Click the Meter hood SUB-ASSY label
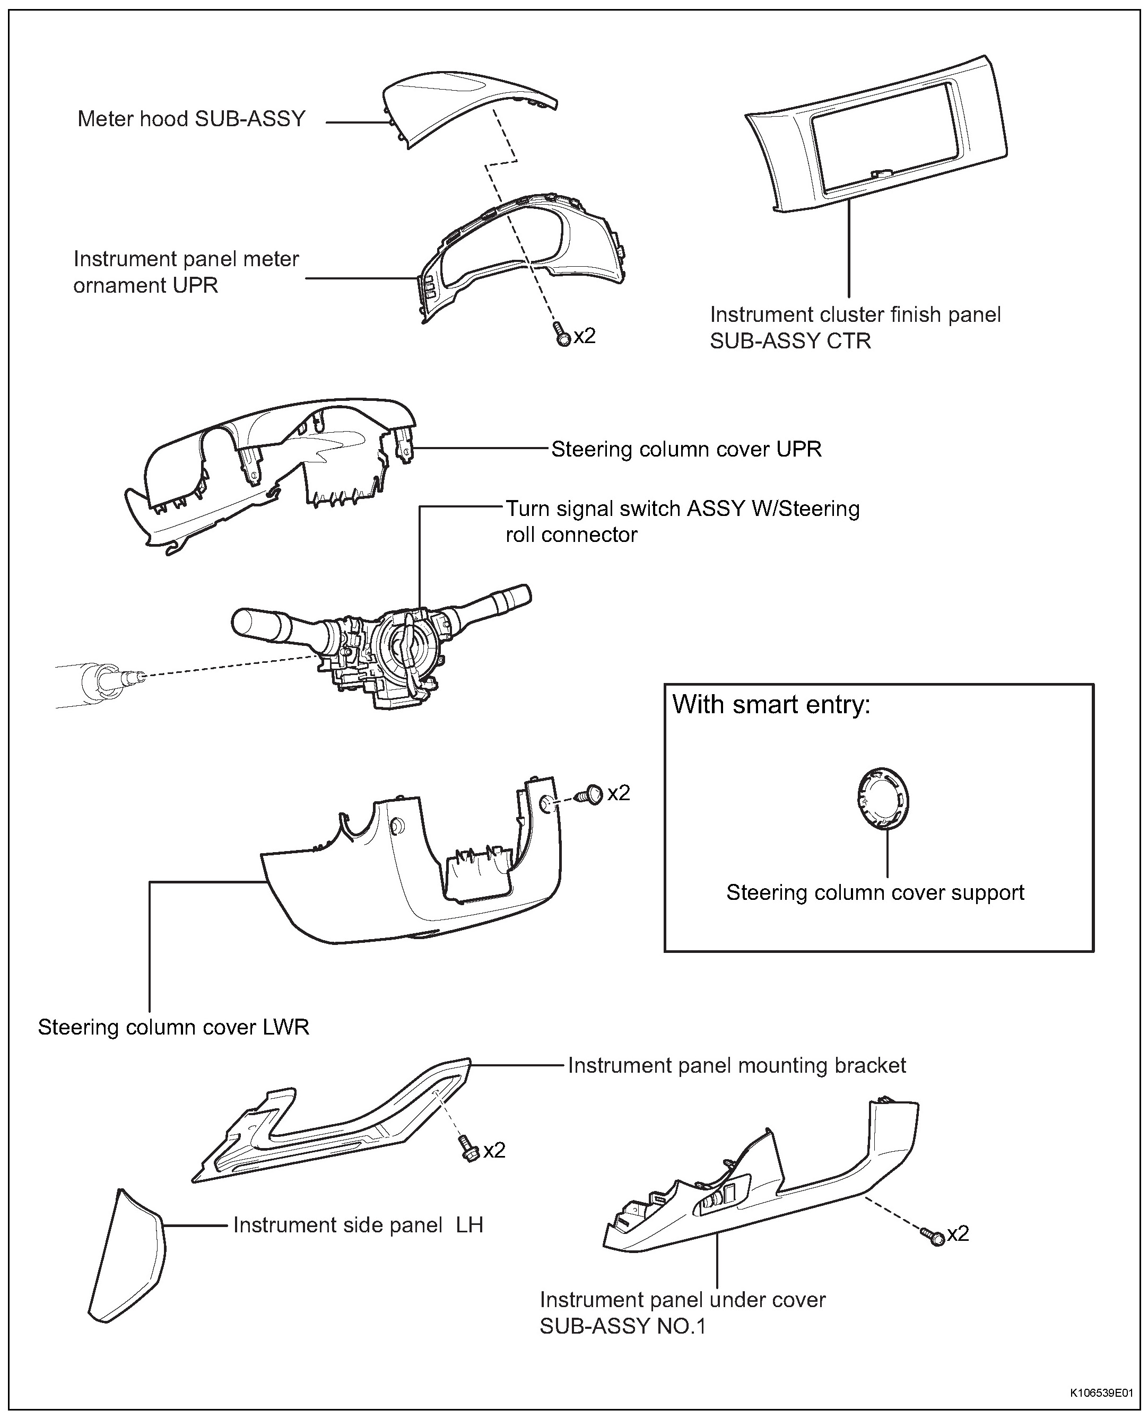click(192, 119)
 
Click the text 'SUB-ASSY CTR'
click(790, 341)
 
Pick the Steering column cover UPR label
click(686, 450)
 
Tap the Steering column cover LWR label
click(173, 1027)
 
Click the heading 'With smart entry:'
click(771, 705)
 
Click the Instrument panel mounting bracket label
click(737, 1065)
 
